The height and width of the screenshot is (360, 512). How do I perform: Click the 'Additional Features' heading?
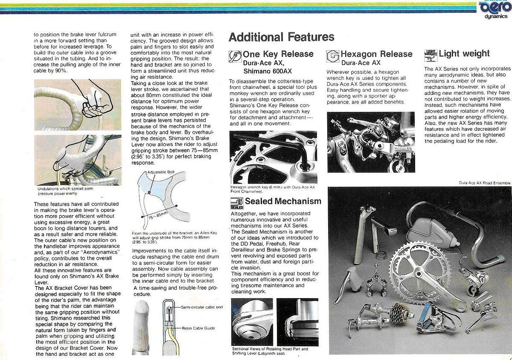(281, 37)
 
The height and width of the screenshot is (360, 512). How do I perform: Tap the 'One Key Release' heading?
(278, 54)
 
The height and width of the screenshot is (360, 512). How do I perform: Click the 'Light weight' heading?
(464, 53)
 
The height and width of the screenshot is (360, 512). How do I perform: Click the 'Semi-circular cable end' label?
(202, 307)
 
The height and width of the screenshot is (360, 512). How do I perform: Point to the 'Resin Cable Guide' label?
(198, 328)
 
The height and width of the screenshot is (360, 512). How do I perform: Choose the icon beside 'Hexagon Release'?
(333, 56)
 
